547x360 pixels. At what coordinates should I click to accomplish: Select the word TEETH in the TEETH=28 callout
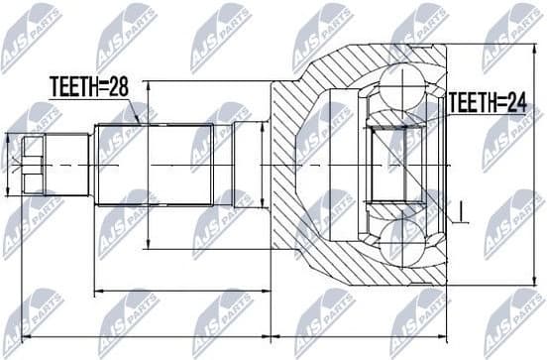click(x=72, y=87)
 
